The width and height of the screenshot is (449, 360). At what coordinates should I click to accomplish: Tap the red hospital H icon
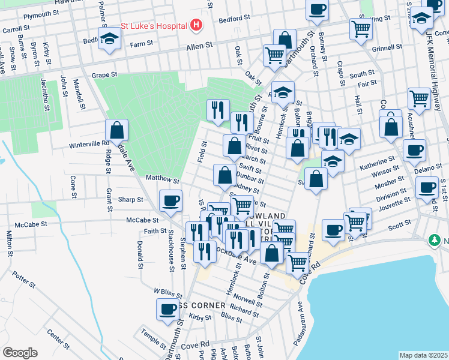pyautogui.click(x=196, y=26)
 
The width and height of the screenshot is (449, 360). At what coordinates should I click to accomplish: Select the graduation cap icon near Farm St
pyautogui.click(x=109, y=39)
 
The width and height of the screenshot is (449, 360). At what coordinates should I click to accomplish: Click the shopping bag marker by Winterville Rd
pyautogui.click(x=116, y=130)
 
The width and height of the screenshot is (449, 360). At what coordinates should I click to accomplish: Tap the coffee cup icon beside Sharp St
pyautogui.click(x=170, y=200)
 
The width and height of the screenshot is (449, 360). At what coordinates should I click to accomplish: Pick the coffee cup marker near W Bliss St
pyautogui.click(x=167, y=309)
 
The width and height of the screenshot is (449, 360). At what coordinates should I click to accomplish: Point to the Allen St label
pyautogui.click(x=200, y=46)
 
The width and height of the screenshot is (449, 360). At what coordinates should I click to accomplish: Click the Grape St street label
pyautogui.click(x=103, y=76)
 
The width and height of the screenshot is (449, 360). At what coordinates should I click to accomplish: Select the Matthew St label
pyautogui.click(x=162, y=179)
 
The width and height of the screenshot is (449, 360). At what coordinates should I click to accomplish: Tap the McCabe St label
pyautogui.click(x=142, y=220)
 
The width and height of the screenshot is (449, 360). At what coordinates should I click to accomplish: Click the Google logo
pyautogui.click(x=20, y=353)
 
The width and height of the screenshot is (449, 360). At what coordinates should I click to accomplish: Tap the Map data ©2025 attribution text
pyautogui.click(x=423, y=355)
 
